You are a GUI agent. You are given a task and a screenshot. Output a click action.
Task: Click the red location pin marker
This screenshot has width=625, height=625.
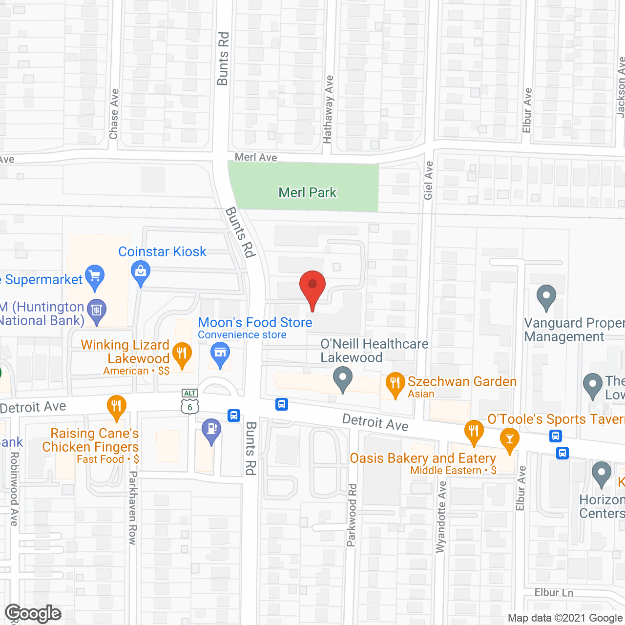(312, 286)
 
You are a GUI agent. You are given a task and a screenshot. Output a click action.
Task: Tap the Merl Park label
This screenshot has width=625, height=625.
(307, 192)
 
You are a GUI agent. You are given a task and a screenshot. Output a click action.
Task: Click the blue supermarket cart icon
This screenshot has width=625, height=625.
(95, 276)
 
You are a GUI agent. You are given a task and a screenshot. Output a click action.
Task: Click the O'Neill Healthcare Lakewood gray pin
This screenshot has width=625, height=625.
(343, 378)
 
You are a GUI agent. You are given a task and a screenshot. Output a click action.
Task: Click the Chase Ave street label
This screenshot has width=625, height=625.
(114, 114)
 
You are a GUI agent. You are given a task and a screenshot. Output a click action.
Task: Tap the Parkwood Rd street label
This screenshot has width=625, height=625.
(352, 515)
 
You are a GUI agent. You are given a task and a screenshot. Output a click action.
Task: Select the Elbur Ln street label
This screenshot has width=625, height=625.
(554, 592)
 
